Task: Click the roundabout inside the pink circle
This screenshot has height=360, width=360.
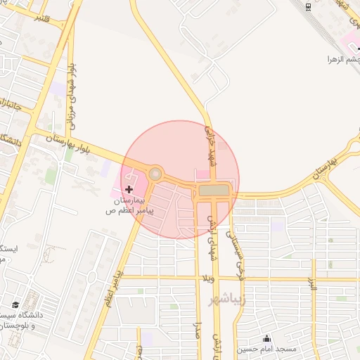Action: tap(155, 174)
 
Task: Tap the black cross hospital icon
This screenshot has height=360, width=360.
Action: tap(129, 189)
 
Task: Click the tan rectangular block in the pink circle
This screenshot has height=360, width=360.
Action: tap(214, 190)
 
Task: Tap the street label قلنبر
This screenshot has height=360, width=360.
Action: tap(42, 18)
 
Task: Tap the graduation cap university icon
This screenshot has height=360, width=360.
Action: tap(15, 304)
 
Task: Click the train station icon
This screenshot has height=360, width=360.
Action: tap(309, 6)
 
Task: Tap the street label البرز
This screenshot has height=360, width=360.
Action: tap(313, 283)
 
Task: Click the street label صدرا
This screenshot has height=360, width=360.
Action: tap(199, 330)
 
